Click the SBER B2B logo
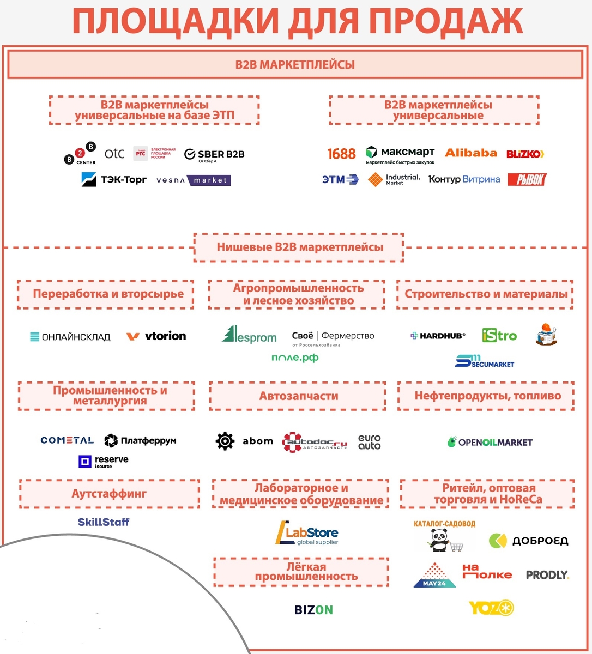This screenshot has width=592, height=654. [214, 155]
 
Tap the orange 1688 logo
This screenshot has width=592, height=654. [341, 154]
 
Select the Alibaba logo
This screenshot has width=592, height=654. [471, 153]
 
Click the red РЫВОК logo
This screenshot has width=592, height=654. [527, 179]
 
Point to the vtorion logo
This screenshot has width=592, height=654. [156, 336]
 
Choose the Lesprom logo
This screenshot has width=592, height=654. [249, 335]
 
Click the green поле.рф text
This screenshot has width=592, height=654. [295, 358]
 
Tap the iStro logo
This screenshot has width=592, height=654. [499, 335]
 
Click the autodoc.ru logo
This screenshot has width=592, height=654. [315, 442]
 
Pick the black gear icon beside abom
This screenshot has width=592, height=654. [225, 441]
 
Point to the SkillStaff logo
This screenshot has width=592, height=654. [104, 522]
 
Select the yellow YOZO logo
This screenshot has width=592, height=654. [491, 608]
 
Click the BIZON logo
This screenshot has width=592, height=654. [313, 610]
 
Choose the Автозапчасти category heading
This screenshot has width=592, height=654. [298, 396]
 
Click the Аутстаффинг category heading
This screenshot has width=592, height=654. [109, 494]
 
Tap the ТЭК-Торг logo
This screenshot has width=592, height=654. [114, 179]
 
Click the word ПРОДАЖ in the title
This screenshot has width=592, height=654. [445, 22]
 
